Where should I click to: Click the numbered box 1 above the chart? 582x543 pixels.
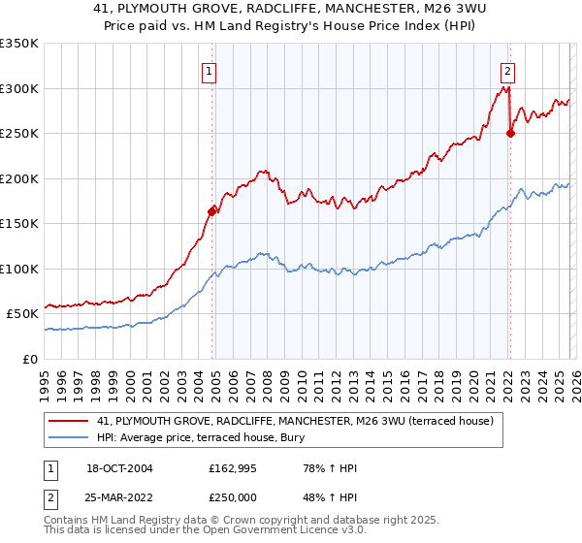pos(210,70)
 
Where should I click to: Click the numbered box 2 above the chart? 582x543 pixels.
pos(507,70)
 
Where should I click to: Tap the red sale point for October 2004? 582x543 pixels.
pos(211,210)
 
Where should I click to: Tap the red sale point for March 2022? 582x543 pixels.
pos(510,133)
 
